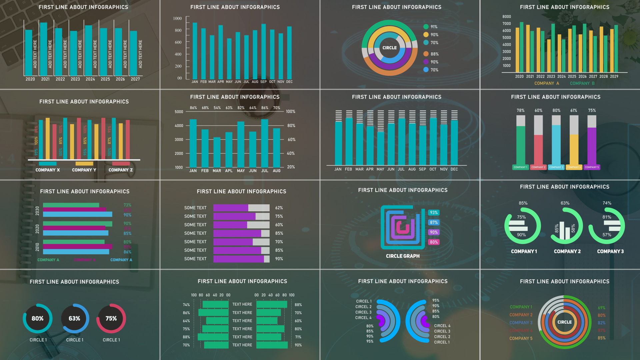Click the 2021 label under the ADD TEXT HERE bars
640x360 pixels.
coord(45,79)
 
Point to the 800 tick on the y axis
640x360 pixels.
coord(178,30)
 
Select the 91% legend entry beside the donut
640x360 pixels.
coord(434,27)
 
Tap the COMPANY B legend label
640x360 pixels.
coord(582,83)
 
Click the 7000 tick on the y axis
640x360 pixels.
coord(506,24)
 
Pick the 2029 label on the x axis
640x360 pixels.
coord(614,76)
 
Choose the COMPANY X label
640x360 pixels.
coord(48,170)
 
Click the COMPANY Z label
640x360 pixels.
coord(121,170)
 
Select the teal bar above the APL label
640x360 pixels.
coord(229,150)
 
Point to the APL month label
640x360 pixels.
coord(229,171)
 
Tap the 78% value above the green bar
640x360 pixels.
coord(520,111)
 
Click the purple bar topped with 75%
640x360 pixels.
coord(592,146)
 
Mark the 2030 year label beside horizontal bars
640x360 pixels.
coord(37,211)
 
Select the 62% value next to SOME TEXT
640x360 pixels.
coord(279,208)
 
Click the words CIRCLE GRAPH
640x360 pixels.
coord(403,256)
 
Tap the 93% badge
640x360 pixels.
coord(434,213)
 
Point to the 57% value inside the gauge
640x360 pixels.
coord(607,235)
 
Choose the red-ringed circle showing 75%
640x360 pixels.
coord(111,319)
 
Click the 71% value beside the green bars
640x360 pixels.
coord(298,337)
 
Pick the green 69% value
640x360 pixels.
coord(601,308)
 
